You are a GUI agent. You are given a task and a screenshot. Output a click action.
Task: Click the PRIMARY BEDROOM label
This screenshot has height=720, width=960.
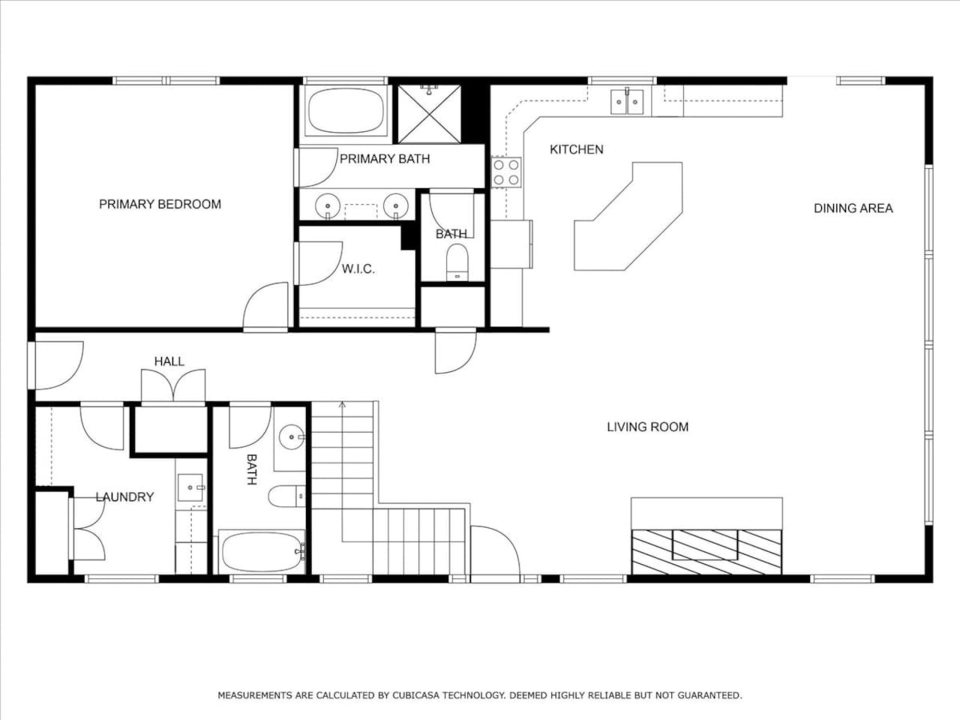(160, 204)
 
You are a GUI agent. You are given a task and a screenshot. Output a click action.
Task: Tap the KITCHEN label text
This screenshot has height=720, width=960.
(576, 149)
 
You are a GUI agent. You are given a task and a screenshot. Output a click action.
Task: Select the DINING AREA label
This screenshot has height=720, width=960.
(853, 208)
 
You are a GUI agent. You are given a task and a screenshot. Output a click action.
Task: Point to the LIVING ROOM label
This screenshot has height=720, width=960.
(647, 426)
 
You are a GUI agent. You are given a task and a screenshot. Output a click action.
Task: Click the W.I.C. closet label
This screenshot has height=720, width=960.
(358, 269)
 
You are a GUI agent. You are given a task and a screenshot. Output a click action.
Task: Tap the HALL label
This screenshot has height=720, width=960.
(169, 361)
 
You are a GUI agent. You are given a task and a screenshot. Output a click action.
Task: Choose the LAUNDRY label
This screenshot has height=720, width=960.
(124, 496)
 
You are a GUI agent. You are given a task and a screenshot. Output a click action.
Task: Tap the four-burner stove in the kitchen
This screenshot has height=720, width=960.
(506, 172)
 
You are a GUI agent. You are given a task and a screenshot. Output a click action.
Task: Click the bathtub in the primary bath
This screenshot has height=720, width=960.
(346, 110)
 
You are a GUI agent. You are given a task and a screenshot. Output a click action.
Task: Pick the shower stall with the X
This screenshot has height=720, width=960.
(429, 114)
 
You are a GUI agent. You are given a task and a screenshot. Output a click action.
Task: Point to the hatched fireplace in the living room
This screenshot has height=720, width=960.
(706, 552)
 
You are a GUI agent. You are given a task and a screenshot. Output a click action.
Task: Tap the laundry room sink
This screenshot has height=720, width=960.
(190, 487)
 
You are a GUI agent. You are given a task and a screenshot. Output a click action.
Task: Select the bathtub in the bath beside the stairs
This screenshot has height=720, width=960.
(261, 552)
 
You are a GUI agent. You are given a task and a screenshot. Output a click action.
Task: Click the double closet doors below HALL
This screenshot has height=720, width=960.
(173, 385)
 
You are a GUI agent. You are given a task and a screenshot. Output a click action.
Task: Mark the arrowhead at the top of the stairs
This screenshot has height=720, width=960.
(342, 404)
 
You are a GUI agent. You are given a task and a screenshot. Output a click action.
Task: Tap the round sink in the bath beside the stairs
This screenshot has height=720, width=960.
(291, 437)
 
